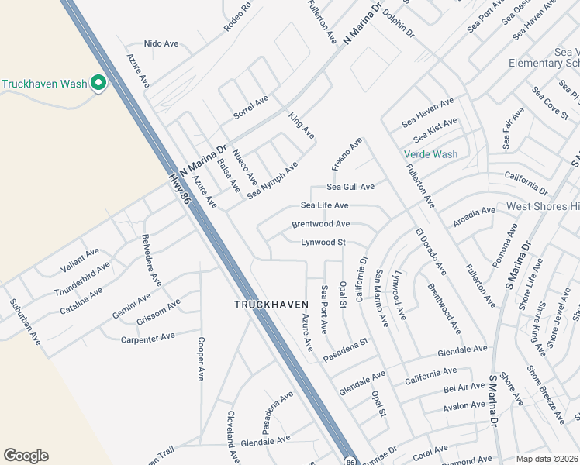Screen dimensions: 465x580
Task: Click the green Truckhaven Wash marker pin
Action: tap(98, 83)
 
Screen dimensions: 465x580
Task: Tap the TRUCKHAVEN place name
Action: tap(267, 305)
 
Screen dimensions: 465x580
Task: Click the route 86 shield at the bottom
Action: tap(350, 460)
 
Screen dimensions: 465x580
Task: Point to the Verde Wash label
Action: tap(430, 154)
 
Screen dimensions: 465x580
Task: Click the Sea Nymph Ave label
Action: tap(272, 181)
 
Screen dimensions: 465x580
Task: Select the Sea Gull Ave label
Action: tap(350, 187)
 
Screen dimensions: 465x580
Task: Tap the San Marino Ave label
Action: tap(381, 298)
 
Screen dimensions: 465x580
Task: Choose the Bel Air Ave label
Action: tap(464, 387)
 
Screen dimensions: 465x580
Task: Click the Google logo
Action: tap(26, 456)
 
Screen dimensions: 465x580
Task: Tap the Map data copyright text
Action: tap(547, 458)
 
